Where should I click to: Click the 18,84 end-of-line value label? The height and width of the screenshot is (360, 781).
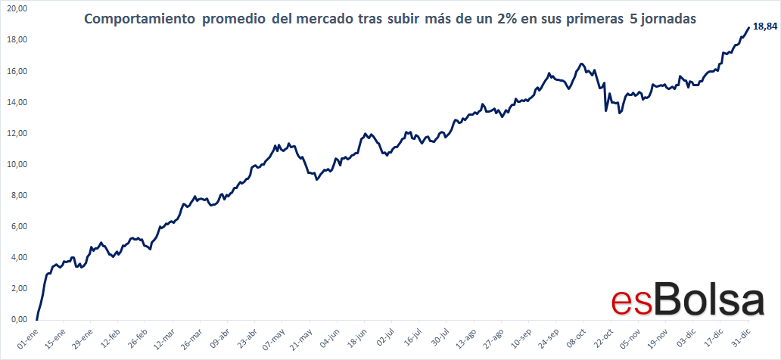tap(765, 27)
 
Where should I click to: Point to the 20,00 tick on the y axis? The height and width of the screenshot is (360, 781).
tap(16, 8)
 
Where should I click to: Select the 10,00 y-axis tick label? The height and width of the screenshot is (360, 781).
tap(16, 164)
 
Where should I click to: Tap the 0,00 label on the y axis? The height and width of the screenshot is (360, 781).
tap(18, 319)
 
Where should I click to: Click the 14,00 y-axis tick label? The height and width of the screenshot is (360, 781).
tap(16, 102)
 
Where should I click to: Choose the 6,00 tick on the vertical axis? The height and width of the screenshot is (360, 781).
tap(18, 226)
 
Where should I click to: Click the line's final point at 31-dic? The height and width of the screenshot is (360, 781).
tap(748, 28)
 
